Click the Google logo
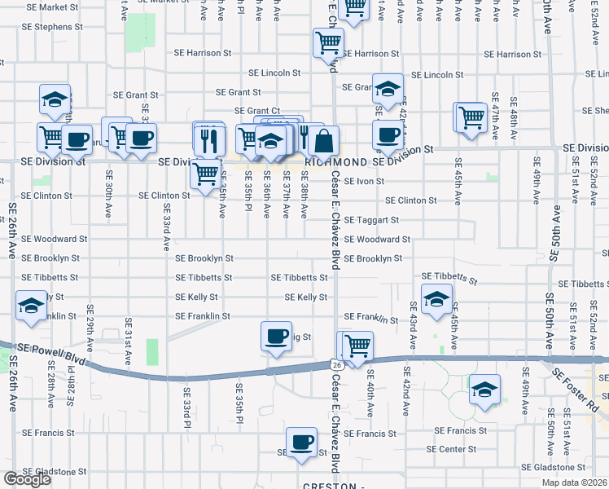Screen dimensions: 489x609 click(x=27, y=479)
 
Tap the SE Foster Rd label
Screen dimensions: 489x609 click(x=579, y=389)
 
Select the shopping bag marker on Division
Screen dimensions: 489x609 click(x=323, y=141)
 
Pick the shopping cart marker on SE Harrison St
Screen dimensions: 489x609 click(x=328, y=42)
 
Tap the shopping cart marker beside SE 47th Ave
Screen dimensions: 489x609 click(x=471, y=117)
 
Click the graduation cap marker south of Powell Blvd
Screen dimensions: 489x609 click(x=484, y=390)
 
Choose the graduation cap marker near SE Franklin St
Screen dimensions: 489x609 click(x=436, y=300)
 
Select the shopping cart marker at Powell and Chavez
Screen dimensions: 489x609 click(x=357, y=346)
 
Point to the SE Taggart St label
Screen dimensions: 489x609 click(x=371, y=220)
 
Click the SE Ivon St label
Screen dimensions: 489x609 click(x=364, y=181)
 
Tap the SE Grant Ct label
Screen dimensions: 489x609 click(x=257, y=111)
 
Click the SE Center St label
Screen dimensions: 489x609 click(x=452, y=449)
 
